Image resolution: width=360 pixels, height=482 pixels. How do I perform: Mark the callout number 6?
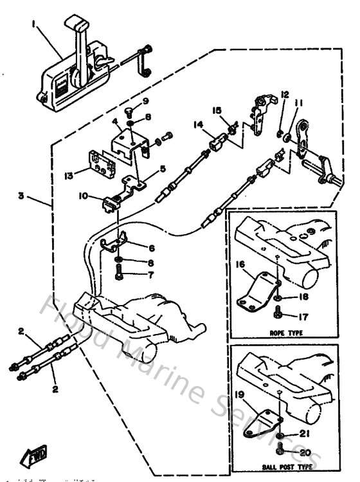coord(152,246)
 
